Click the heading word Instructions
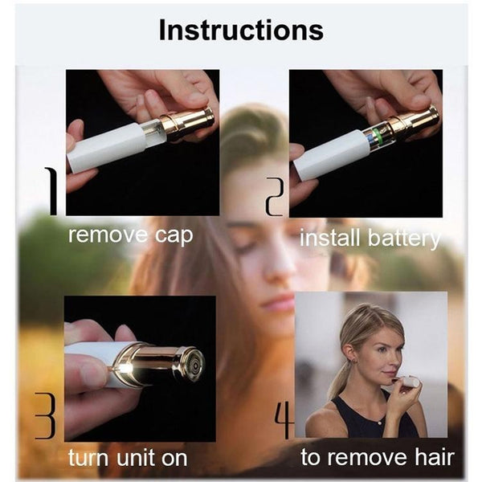241,31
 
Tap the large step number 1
52,191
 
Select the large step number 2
275,197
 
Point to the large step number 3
45,415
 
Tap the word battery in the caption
404,239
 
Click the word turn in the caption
88,458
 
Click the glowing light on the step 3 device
125,367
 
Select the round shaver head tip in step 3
194,365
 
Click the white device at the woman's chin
410,382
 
